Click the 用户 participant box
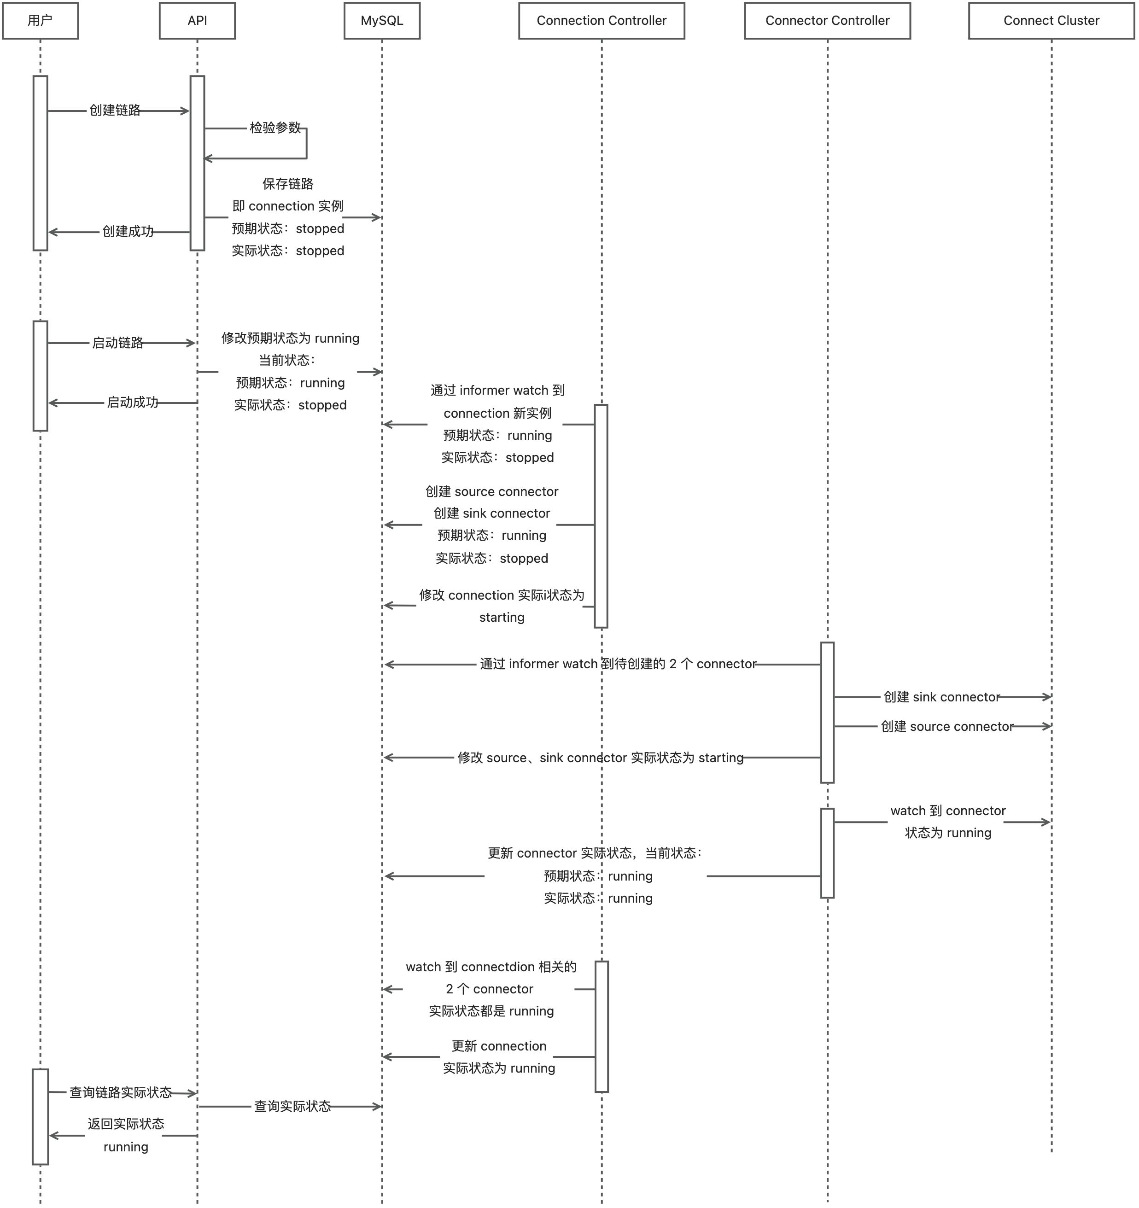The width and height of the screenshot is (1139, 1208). (40, 21)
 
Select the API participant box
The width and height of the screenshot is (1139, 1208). (197, 21)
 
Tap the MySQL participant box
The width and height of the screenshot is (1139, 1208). (382, 21)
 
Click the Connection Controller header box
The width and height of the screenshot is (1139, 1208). (601, 21)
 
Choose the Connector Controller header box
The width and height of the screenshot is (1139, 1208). (827, 21)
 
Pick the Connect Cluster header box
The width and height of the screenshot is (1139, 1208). (1051, 21)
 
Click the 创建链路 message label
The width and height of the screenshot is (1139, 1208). (115, 110)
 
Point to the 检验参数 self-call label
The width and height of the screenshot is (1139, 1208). (275, 128)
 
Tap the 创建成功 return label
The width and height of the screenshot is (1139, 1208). (128, 232)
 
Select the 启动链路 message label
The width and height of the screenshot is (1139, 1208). (117, 343)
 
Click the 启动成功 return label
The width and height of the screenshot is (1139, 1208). (133, 402)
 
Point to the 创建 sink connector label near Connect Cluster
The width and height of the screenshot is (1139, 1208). (941, 697)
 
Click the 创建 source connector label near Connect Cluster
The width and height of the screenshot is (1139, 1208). (946, 726)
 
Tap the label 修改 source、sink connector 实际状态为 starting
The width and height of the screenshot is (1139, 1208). (600, 758)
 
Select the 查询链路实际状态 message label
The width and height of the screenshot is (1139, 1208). (120, 1092)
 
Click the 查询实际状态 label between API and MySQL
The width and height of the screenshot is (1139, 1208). (292, 1107)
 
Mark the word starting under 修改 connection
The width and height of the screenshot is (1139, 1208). (502, 618)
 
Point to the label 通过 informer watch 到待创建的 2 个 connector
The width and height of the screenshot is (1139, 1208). (618, 664)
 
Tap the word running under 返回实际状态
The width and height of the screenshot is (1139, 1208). (126, 1147)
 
